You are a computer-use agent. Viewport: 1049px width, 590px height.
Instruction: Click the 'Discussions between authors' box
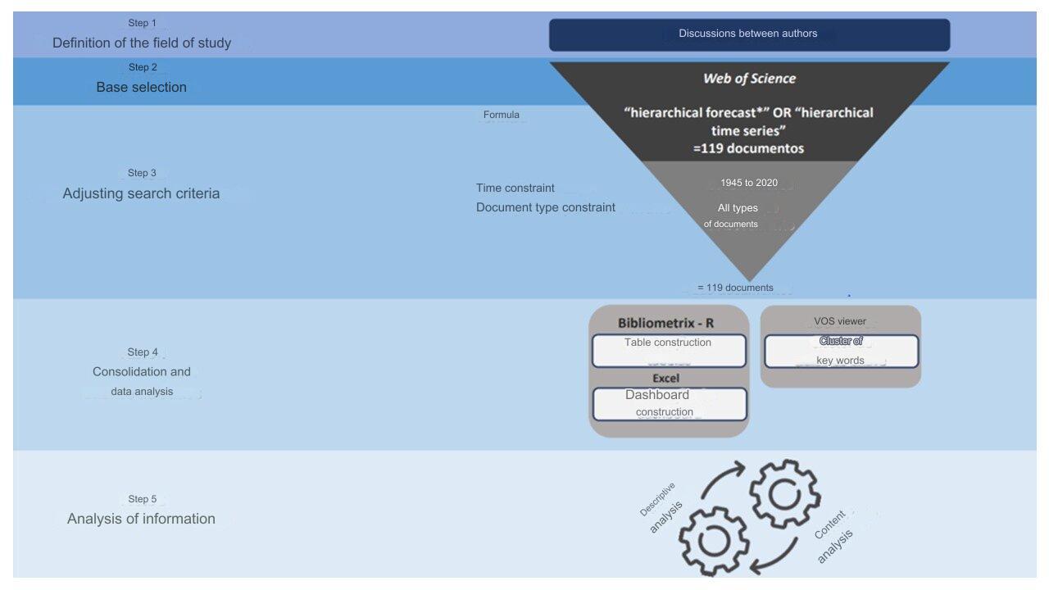(x=749, y=34)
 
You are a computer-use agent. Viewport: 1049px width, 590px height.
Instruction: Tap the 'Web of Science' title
(x=749, y=78)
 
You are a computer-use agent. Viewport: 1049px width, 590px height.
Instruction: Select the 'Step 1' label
(x=143, y=22)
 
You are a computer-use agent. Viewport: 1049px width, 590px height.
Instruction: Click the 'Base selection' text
(x=142, y=87)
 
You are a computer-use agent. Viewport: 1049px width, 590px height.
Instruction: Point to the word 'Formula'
(x=501, y=115)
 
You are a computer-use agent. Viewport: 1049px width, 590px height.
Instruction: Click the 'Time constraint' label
(x=515, y=188)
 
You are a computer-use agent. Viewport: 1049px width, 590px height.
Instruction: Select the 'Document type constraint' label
(x=546, y=207)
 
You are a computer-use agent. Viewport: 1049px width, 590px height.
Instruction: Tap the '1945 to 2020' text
(x=749, y=183)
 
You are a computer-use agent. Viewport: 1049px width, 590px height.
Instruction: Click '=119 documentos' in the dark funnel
(x=748, y=148)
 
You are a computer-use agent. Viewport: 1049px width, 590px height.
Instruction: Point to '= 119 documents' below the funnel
(x=735, y=288)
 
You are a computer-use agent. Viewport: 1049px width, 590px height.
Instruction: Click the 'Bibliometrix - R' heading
(x=665, y=323)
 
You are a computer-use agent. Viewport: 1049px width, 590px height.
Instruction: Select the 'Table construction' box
(x=669, y=350)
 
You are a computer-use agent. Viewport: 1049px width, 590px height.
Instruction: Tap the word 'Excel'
(x=666, y=378)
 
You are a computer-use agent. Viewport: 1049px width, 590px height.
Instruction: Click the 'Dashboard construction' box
(x=670, y=404)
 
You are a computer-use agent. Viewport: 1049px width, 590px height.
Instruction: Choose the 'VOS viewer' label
(x=840, y=321)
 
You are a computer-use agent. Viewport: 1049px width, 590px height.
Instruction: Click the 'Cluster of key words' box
(x=841, y=352)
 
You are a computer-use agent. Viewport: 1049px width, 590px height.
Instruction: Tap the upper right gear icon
(x=785, y=494)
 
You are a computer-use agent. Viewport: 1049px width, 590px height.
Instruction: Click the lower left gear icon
(x=714, y=541)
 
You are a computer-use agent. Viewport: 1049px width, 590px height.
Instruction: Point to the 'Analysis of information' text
(x=142, y=519)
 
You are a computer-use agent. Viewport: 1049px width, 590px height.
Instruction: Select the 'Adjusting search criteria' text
(x=142, y=193)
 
